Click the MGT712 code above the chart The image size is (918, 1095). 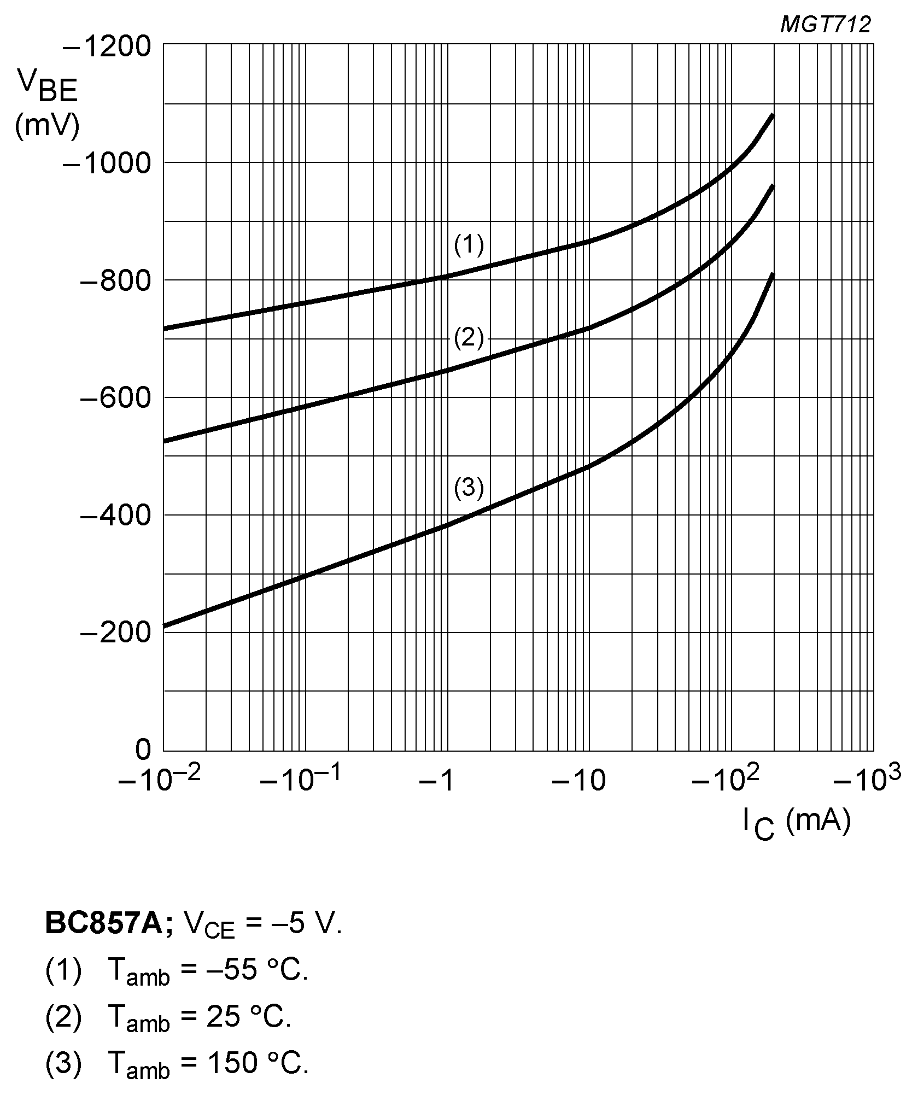pyautogui.click(x=825, y=25)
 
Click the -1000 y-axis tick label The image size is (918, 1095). pyautogui.click(x=107, y=163)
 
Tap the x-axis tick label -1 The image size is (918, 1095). pyautogui.click(x=436, y=782)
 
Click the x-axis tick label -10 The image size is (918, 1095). pyautogui.click(x=578, y=782)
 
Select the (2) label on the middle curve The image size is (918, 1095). pyautogui.click(x=469, y=339)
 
